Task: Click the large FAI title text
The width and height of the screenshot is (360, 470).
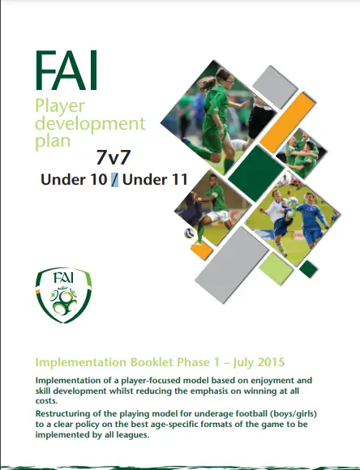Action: click(66, 70)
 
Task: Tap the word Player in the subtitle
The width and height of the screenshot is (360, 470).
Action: click(60, 107)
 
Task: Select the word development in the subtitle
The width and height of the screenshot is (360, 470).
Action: click(90, 123)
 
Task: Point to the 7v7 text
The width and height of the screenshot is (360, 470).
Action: click(114, 157)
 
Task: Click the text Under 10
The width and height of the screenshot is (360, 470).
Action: click(74, 180)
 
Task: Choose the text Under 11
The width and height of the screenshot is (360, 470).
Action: click(155, 180)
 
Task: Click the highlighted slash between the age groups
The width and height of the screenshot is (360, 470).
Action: click(114, 180)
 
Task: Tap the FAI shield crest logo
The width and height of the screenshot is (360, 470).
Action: click(63, 295)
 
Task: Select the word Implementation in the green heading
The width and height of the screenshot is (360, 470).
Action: click(81, 363)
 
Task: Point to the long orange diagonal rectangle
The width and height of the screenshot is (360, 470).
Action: click(288, 122)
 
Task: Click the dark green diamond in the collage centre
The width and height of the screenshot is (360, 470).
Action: click(256, 173)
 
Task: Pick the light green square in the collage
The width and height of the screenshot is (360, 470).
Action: click(276, 268)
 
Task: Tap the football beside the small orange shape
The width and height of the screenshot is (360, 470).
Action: click(189, 233)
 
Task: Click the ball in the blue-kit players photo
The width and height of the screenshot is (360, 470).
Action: click(292, 203)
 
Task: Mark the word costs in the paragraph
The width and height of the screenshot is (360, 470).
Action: click(45, 401)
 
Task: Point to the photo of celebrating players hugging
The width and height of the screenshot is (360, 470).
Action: click(301, 154)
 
